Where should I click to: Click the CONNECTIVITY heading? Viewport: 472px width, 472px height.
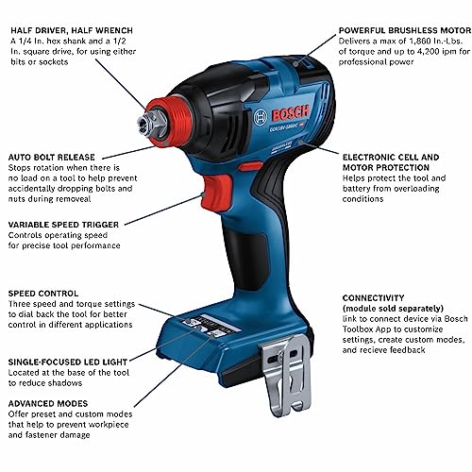[379, 297]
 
